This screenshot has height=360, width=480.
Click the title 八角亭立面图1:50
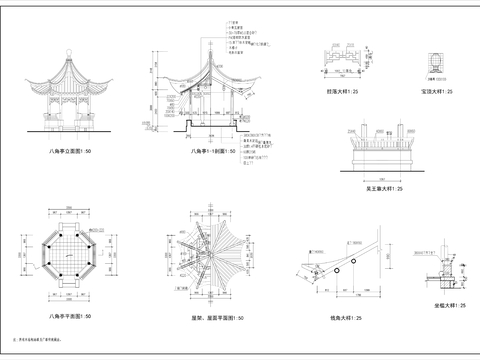click(x=68, y=148)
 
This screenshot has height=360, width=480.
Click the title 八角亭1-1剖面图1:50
click(x=214, y=150)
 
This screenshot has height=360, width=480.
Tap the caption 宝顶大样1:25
click(x=437, y=91)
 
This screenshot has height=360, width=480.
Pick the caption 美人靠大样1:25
click(x=381, y=187)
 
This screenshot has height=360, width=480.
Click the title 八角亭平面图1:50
click(x=68, y=315)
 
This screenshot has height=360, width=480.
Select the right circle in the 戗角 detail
click(x=353, y=258)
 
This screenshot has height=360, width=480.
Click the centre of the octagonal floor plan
click(x=68, y=257)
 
